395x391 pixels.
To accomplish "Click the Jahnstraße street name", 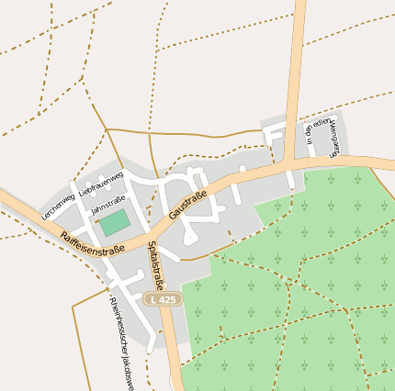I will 108,205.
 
